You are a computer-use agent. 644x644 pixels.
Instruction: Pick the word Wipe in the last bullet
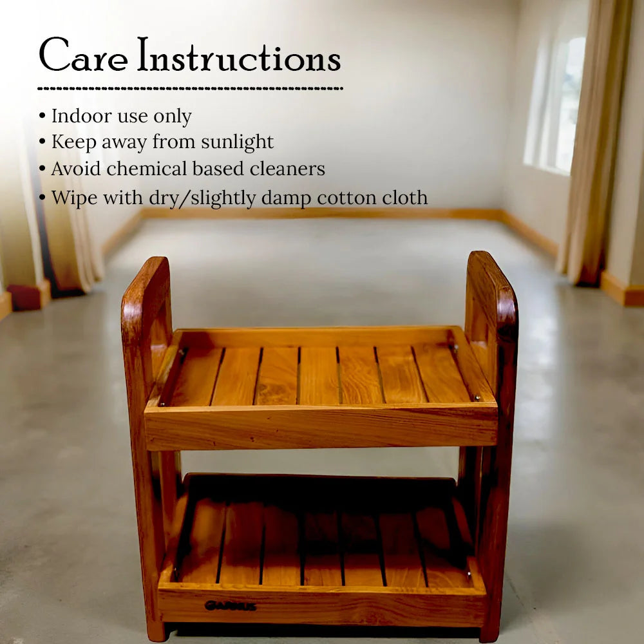coord(70,198)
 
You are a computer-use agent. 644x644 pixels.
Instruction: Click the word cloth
coord(403,198)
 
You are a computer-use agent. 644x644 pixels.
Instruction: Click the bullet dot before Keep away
coord(43,142)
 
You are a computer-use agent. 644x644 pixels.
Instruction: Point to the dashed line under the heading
coord(190,88)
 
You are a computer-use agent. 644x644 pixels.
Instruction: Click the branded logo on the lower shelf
coord(230,606)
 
